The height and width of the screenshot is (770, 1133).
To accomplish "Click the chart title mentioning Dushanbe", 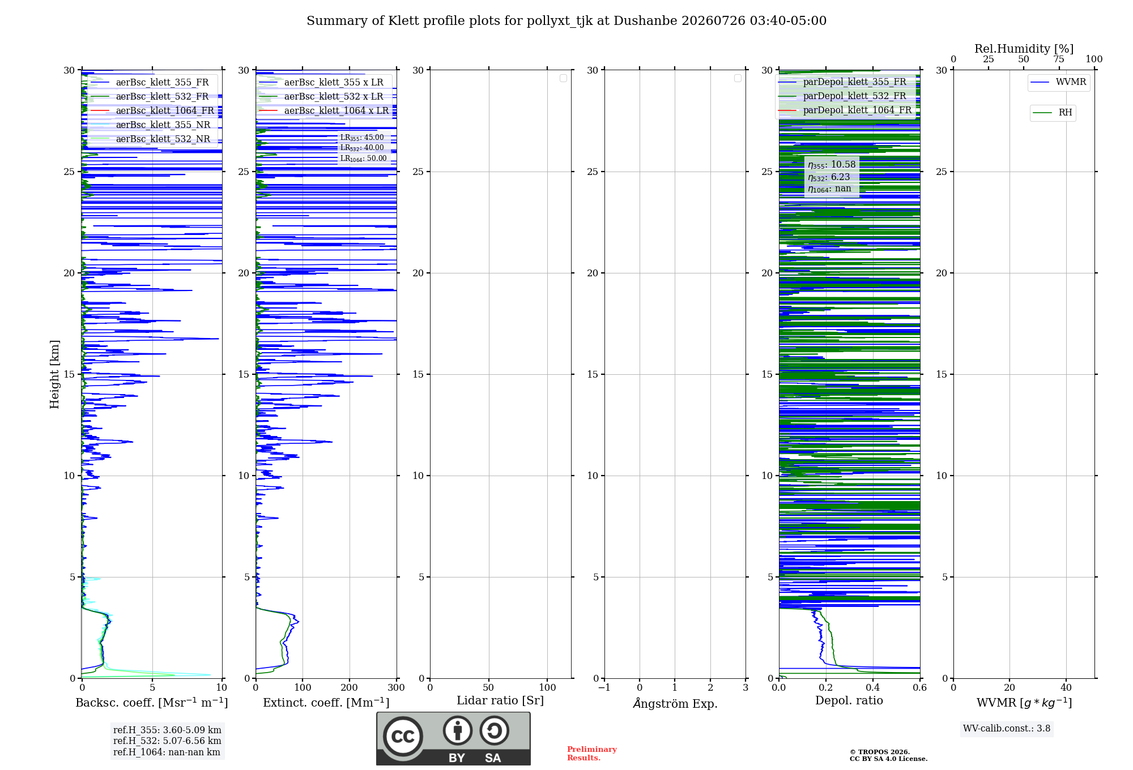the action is (566, 21).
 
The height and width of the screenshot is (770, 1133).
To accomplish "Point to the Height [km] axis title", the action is (54, 374).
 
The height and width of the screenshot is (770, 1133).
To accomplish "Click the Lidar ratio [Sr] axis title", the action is (500, 700).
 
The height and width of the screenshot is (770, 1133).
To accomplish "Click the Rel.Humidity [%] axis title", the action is (1024, 49).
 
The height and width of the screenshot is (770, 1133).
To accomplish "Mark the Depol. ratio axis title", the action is (849, 700).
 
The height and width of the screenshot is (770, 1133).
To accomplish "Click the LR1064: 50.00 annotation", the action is (363, 159).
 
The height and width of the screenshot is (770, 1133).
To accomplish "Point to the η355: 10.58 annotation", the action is (832, 165).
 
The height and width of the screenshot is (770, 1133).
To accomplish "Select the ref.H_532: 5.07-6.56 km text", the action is (167, 741).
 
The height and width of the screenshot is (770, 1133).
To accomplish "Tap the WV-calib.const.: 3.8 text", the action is (1007, 729).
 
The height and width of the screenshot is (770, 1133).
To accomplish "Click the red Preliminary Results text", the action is (592, 754).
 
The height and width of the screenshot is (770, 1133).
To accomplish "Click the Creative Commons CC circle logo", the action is (403, 737).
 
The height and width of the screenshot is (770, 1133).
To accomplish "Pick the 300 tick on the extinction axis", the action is (397, 687).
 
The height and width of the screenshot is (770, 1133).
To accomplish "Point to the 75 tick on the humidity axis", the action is (1058, 59).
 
